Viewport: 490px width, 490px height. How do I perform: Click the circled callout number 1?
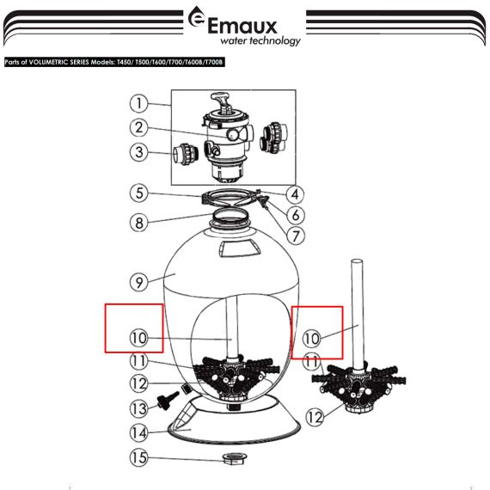point(138,103)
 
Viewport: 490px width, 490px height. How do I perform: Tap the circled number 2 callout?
point(138,127)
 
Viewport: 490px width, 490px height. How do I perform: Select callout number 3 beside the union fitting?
point(138,152)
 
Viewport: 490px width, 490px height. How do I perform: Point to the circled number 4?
point(295,194)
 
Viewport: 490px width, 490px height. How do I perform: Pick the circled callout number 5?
point(138,193)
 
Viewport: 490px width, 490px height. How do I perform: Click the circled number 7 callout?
point(295,236)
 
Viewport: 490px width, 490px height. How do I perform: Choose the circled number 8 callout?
point(138,223)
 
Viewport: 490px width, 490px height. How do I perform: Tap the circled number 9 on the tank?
point(138,283)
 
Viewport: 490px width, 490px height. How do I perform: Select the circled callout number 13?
point(138,408)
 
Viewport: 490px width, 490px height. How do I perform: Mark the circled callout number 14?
point(138,432)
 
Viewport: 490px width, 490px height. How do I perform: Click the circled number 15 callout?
point(138,457)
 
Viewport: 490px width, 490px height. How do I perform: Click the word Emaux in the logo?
point(242,26)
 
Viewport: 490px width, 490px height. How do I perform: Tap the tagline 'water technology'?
point(260,40)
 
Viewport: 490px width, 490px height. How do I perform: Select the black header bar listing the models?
point(114,62)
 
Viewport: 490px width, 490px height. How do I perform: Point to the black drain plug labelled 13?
point(168,399)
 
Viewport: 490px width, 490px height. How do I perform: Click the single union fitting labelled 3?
point(186,154)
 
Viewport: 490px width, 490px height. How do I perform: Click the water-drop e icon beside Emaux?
point(196,18)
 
